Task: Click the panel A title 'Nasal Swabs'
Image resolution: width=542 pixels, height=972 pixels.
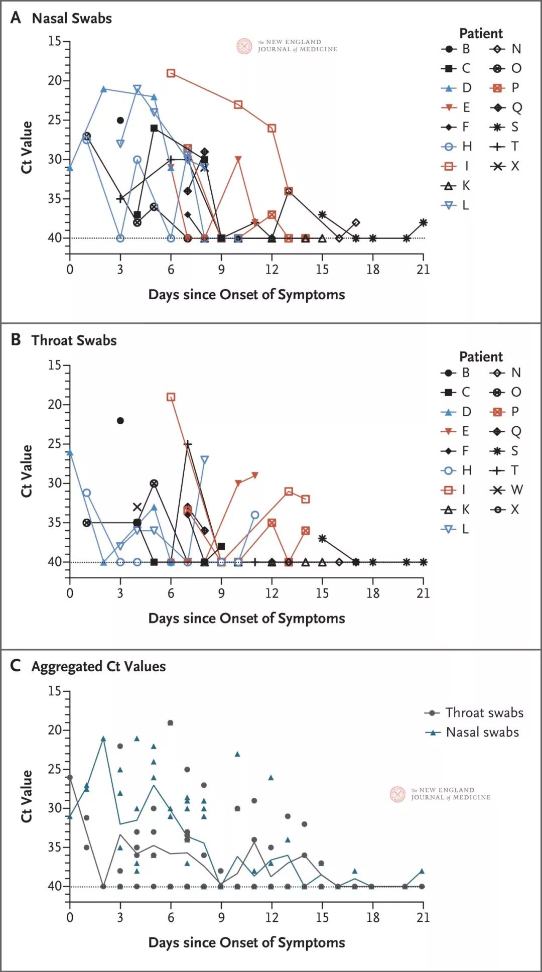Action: coord(71,19)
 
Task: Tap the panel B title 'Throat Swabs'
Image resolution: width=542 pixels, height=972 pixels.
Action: coord(74,340)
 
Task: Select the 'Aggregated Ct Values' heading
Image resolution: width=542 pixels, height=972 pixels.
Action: coord(98,666)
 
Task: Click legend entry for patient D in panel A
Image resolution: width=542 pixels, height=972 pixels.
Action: coord(457,88)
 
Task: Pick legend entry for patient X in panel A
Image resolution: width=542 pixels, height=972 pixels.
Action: coord(505,166)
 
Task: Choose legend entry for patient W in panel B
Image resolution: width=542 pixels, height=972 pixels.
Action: coord(506,490)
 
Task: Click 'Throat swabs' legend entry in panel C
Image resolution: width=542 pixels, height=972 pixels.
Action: coord(474,713)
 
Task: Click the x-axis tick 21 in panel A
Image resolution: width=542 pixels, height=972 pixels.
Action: coord(423,270)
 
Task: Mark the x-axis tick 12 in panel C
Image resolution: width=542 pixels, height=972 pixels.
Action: coord(272,917)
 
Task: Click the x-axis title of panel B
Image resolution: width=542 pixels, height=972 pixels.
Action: coord(246,618)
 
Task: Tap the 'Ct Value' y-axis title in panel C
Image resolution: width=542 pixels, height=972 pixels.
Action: coord(26,796)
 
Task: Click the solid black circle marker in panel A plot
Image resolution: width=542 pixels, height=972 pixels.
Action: coord(120,120)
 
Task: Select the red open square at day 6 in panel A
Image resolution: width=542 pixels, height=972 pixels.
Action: coord(171,73)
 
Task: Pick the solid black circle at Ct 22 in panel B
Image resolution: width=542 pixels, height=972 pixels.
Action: coord(120,421)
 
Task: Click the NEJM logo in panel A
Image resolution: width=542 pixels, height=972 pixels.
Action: coord(287,46)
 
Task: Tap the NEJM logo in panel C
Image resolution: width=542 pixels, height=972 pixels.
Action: coord(440,794)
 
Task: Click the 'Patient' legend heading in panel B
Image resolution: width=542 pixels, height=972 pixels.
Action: coord(481,357)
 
